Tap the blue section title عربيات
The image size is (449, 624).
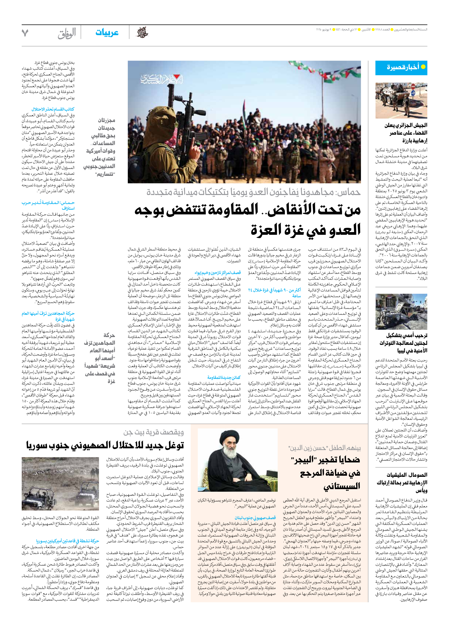click(x=107, y=33)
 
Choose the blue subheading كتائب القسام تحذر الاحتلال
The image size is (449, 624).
click(x=53, y=109)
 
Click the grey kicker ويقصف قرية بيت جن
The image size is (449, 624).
click(x=154, y=433)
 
